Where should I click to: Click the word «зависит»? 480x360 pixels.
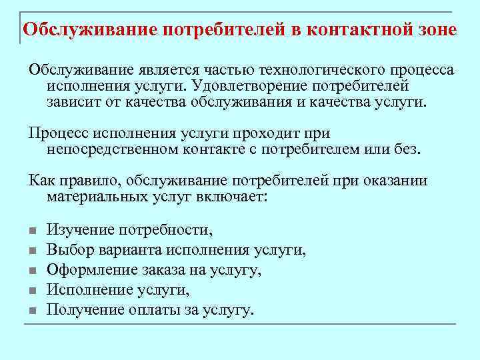[x=73, y=103]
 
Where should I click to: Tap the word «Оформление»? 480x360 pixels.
[x=91, y=271]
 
